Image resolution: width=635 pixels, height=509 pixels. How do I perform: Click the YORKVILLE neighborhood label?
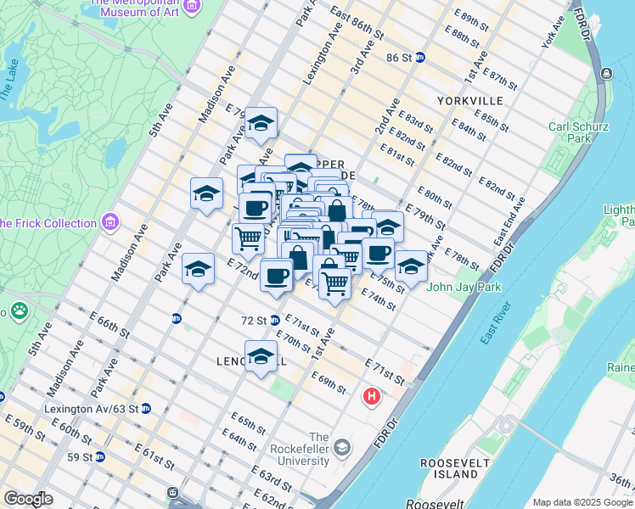pos(470,100)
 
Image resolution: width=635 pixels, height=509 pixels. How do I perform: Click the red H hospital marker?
pos(371,396)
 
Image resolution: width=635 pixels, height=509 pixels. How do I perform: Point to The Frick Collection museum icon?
pos(110,223)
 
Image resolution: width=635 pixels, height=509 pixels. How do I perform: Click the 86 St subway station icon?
pos(420,58)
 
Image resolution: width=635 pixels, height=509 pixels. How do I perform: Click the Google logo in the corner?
pos(28,499)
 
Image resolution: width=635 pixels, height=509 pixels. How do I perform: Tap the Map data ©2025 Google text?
pos(582,502)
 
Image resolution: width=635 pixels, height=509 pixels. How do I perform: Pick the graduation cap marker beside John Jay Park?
pos(410,266)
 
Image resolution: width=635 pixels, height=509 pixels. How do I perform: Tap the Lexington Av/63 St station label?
pos(91,408)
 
